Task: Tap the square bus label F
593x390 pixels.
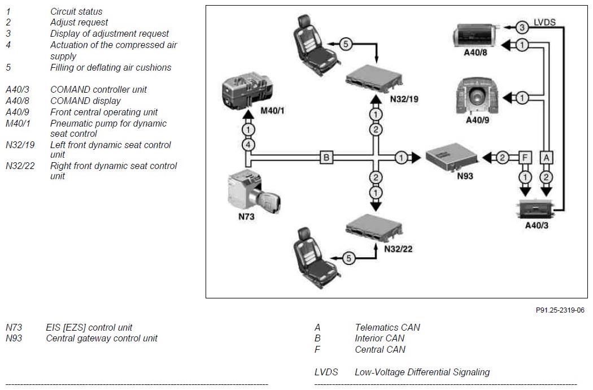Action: click(525, 157)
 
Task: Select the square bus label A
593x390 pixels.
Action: click(546, 157)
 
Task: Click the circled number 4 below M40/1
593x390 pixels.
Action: click(248, 145)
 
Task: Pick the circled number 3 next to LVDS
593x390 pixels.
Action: click(522, 27)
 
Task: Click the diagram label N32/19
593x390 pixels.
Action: click(404, 99)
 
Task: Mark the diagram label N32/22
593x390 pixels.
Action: click(398, 249)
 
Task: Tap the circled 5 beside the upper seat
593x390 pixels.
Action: click(346, 44)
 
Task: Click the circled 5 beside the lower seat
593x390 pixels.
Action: click(348, 258)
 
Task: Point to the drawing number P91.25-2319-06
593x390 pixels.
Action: click(560, 310)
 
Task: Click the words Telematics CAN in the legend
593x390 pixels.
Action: click(387, 327)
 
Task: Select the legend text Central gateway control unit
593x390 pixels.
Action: click(102, 339)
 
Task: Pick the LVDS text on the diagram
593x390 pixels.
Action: click(544, 23)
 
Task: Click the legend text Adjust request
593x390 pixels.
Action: click(79, 23)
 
